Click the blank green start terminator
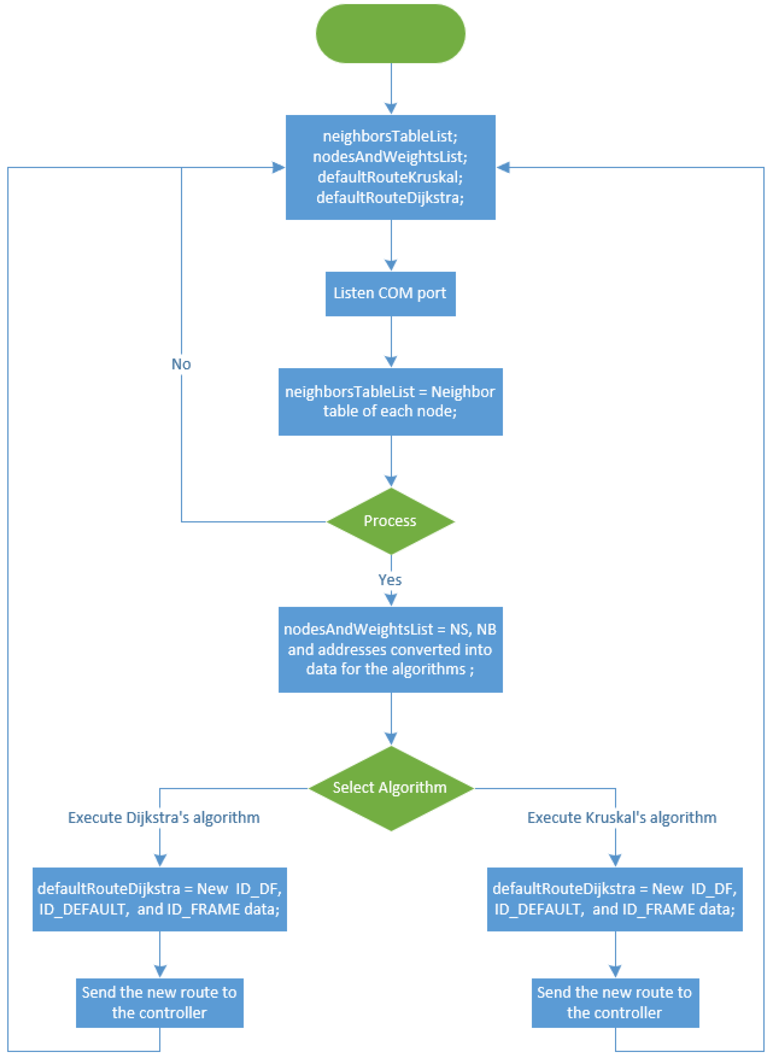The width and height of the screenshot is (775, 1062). (390, 34)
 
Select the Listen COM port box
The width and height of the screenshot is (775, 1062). (390, 294)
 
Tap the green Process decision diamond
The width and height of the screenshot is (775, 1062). (390, 521)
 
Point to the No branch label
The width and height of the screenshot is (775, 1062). (181, 364)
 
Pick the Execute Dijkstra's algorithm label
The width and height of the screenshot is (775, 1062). (164, 818)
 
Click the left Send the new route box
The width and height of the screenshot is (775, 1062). (159, 1002)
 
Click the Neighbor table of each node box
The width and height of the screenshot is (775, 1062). (390, 402)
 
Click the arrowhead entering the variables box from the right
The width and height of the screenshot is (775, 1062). (503, 167)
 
